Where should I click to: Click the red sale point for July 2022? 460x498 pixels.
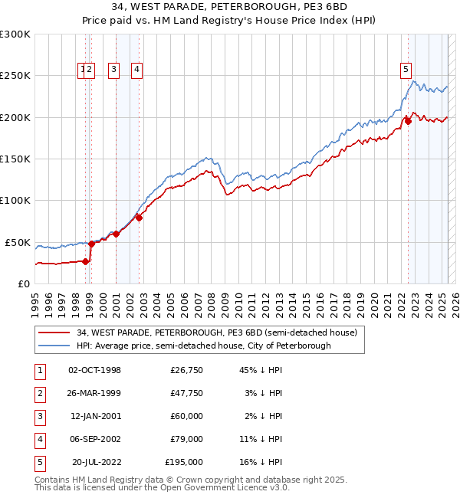(408, 120)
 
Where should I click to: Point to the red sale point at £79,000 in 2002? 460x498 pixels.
(139, 218)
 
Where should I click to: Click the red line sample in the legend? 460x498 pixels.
(54, 333)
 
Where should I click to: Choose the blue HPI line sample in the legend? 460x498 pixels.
(54, 346)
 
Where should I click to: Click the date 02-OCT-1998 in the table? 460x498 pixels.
(95, 371)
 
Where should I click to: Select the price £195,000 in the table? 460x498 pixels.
(184, 463)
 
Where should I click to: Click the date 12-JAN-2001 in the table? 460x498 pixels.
(95, 417)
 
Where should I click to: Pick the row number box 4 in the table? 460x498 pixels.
(39, 440)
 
